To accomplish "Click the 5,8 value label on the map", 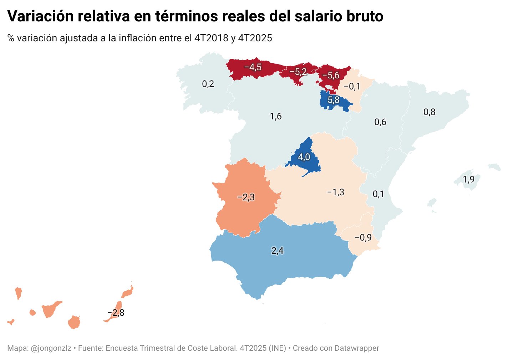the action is [x=334, y=100].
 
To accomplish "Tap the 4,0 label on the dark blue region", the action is [x=304, y=157].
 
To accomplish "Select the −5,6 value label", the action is [x=331, y=75].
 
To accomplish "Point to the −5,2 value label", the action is [x=298, y=72].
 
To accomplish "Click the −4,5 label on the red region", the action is [x=253, y=67].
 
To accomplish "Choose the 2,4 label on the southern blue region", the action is [x=277, y=251].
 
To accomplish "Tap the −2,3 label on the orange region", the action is [x=246, y=197].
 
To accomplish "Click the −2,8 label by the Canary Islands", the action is [x=116, y=313].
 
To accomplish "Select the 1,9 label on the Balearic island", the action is [x=468, y=179].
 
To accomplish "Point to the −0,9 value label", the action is [x=363, y=237].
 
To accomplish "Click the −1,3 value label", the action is [x=336, y=192].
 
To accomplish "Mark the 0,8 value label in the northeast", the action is [x=429, y=112].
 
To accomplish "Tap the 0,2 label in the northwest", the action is [x=208, y=84].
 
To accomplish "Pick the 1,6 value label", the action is [x=276, y=117].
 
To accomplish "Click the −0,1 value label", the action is [x=352, y=86].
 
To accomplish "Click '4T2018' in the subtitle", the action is [x=211, y=38].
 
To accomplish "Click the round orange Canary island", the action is [x=74, y=322].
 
